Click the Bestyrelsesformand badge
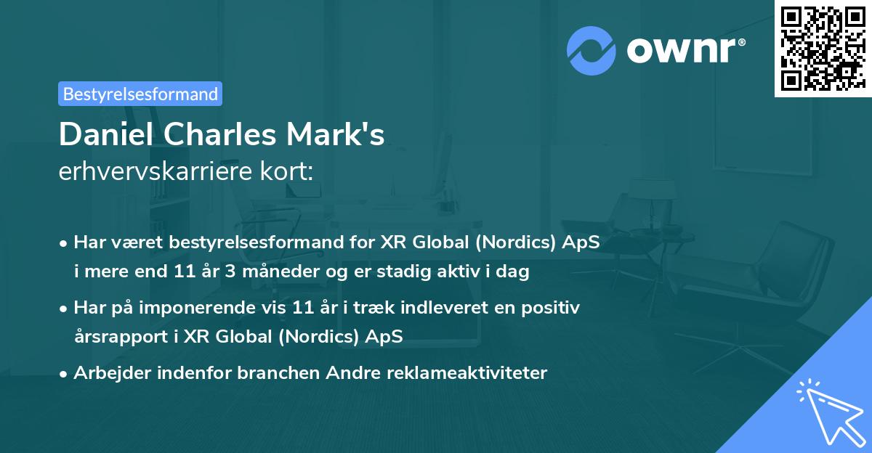(140, 94)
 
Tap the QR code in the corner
(822, 48)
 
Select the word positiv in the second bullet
(552, 308)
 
